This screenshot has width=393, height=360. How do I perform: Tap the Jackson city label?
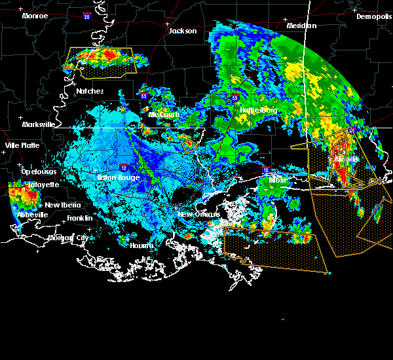coord(183,31)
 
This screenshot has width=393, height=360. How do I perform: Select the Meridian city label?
coord(301,26)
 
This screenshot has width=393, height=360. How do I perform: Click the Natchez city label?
coord(90,91)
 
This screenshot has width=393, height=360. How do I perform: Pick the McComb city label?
coord(163,115)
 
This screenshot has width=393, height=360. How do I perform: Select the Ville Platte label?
coord(22,145)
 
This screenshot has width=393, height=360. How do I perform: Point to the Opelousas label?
coord(39,171)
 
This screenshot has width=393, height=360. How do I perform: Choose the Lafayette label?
coord(43,185)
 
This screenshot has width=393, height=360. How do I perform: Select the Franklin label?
coord(79,217)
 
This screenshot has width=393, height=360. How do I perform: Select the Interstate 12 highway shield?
coord(124,168)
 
